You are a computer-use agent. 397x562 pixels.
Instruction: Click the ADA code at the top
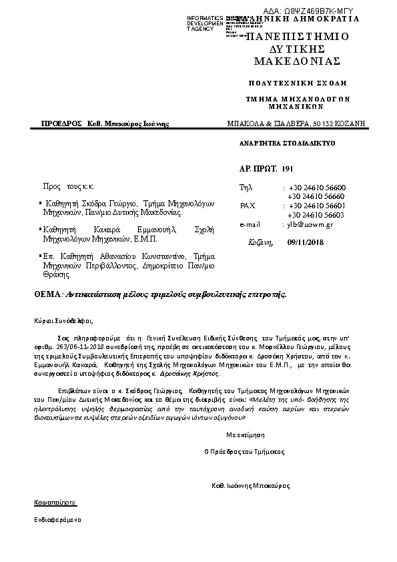pyautogui.click(x=317, y=11)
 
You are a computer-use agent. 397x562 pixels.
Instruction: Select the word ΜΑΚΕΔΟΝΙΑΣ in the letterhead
pyautogui.click(x=298, y=61)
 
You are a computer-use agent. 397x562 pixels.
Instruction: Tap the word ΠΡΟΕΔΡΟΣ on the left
pyautogui.click(x=61, y=123)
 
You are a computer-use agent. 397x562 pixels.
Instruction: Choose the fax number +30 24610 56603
pyautogui.click(x=316, y=215)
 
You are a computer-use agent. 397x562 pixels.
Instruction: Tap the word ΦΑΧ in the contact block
pyautogui.click(x=248, y=206)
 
